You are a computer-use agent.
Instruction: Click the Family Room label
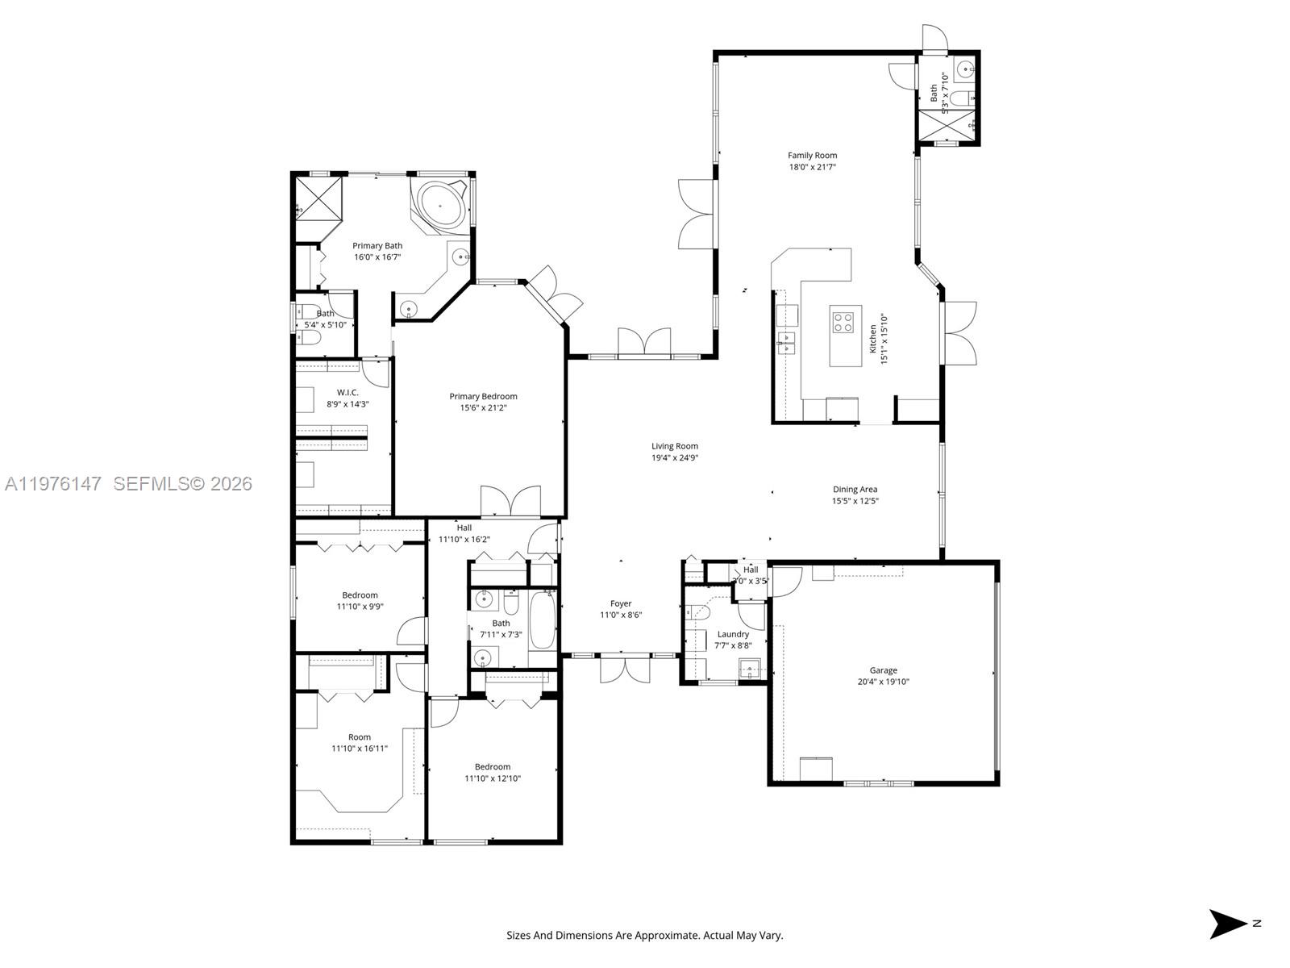click(x=812, y=155)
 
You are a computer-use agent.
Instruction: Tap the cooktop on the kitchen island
click(x=843, y=323)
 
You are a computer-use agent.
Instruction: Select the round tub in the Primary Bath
click(x=440, y=206)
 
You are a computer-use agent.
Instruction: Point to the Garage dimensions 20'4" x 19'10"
click(x=883, y=682)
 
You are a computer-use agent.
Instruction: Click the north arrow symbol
click(x=1228, y=924)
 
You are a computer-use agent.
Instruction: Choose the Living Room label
click(x=675, y=446)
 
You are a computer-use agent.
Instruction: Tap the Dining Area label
click(x=855, y=489)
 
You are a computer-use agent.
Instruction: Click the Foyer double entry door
click(x=625, y=670)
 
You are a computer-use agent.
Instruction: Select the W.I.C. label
click(x=347, y=392)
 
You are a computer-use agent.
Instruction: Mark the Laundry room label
click(x=732, y=634)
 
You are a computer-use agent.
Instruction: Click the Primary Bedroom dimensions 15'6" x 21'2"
click(x=483, y=408)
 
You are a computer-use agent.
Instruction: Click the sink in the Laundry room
click(x=751, y=668)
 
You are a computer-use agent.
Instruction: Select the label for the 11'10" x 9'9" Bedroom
click(x=360, y=595)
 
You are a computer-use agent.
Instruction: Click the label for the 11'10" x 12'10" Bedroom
click(x=492, y=766)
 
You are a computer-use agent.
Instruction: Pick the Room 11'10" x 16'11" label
click(x=360, y=736)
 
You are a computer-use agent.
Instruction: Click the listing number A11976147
click(x=53, y=483)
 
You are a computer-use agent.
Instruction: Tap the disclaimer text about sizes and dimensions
click(x=644, y=936)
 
